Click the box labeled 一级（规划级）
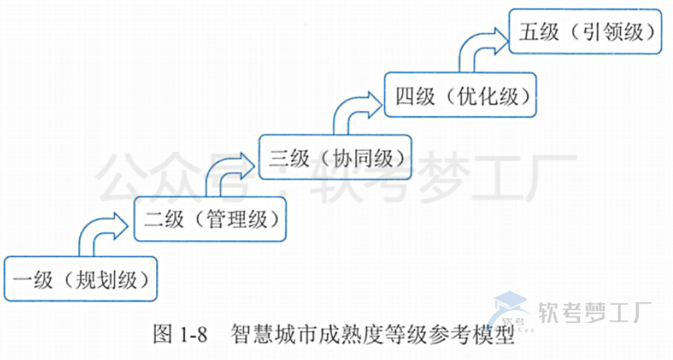[80, 279]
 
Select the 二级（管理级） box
[209, 217]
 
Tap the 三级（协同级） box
[335, 157]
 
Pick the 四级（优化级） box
[461, 96]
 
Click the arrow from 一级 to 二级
[101, 229]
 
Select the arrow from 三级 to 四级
[353, 108]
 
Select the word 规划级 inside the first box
[102, 279]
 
